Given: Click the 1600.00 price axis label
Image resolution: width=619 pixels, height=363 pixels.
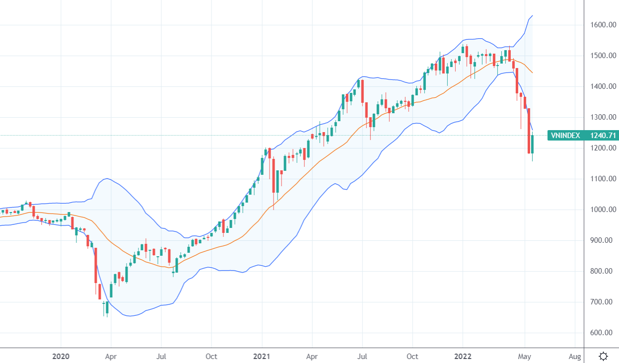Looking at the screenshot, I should coord(603,25).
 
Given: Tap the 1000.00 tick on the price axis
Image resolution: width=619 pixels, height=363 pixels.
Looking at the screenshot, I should coord(603,210).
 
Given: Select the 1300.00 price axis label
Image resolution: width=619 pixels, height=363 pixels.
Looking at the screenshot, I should coord(603,117).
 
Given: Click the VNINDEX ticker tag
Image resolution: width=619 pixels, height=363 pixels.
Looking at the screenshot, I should coord(565,135).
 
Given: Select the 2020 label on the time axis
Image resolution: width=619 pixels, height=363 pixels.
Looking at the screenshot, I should coord(61,356).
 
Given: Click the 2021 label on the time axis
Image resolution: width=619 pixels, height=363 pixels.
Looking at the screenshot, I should coord(261,356).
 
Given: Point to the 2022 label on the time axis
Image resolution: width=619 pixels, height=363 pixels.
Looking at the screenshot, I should coord(463,356).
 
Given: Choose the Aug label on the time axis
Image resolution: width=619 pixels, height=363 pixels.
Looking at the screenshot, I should coord(575,356).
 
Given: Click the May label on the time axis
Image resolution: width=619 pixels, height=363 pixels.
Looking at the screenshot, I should coord(525,356).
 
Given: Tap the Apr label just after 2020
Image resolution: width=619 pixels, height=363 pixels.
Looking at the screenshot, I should coord(111,356).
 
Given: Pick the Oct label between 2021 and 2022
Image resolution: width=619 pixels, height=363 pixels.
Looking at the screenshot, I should coord(413,356).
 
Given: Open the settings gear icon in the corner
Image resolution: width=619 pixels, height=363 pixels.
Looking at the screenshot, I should coord(603,356).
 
